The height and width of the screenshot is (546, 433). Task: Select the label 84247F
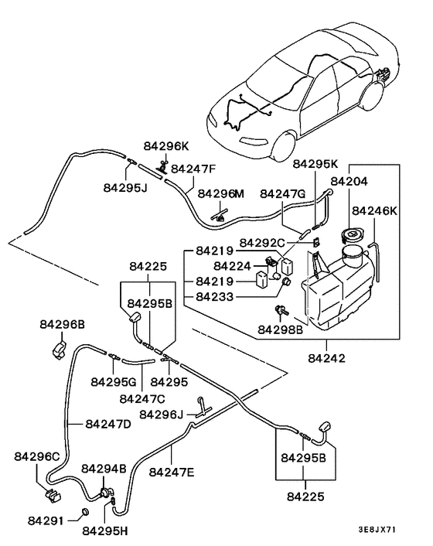click(193, 169)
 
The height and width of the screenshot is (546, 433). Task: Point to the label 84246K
click(375, 210)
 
